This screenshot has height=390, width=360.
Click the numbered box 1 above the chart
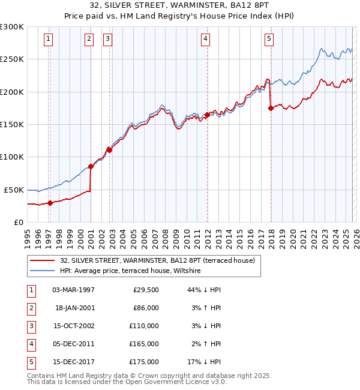(47, 39)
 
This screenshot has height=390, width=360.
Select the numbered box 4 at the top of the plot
(205, 39)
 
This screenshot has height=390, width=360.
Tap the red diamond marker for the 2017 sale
(271, 108)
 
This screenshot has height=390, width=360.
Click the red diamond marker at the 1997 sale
(50, 203)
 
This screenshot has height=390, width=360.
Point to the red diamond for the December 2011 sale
(207, 115)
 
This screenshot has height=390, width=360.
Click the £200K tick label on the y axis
(12, 92)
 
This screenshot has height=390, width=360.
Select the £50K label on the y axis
(14, 190)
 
